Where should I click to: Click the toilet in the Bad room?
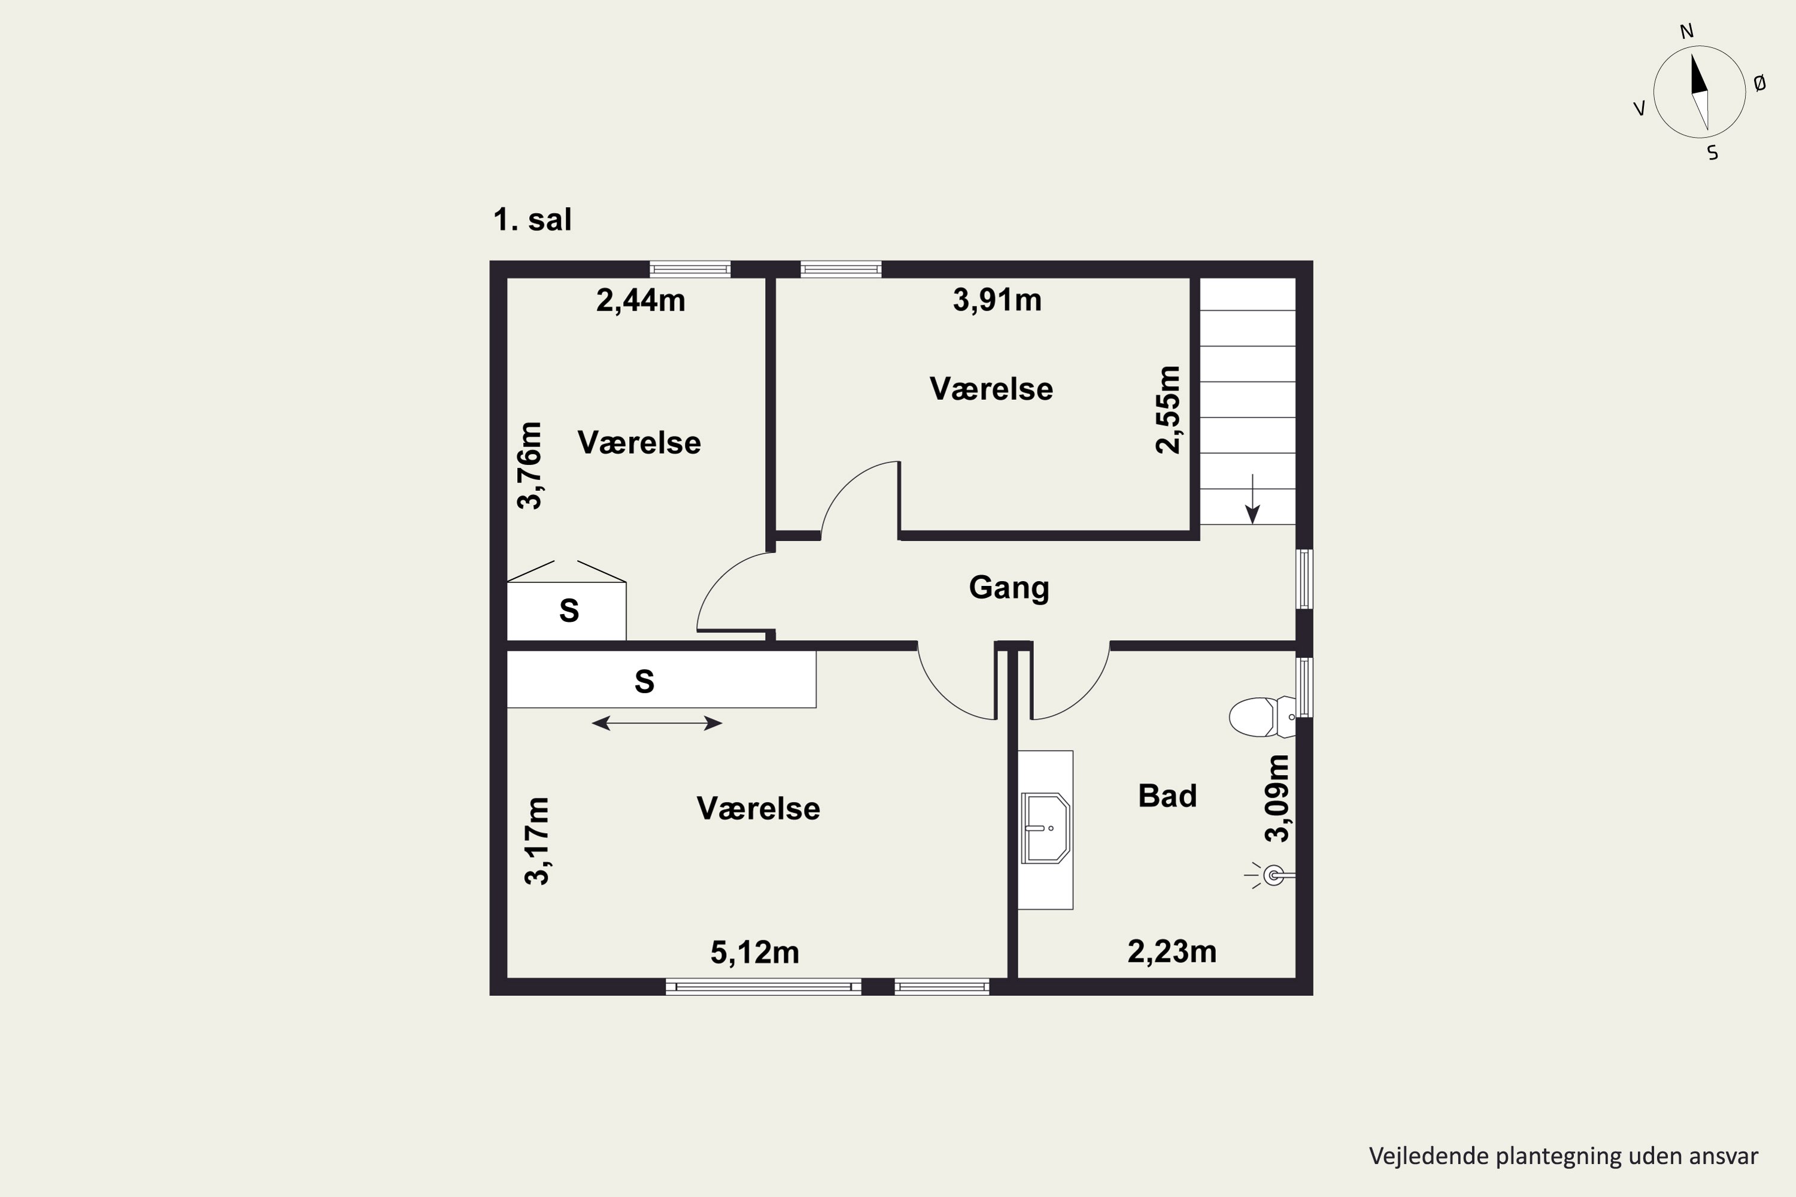(x=1261, y=717)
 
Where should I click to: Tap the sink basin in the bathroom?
(x=1045, y=828)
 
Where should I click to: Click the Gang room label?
(x=1009, y=588)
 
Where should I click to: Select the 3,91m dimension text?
(x=997, y=300)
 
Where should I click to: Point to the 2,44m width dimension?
(x=640, y=301)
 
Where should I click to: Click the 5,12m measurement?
(x=754, y=953)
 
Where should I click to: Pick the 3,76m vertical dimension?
(x=529, y=465)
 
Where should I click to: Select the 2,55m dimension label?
(x=1167, y=410)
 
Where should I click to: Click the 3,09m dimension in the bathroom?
(x=1277, y=798)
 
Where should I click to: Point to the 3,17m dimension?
(x=537, y=840)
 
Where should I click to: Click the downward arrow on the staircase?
(x=1252, y=499)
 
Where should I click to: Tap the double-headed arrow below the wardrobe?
(x=657, y=723)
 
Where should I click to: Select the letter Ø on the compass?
(x=1759, y=83)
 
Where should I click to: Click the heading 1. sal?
(x=532, y=220)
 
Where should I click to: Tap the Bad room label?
(x=1167, y=796)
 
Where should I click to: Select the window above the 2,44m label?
(x=690, y=269)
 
